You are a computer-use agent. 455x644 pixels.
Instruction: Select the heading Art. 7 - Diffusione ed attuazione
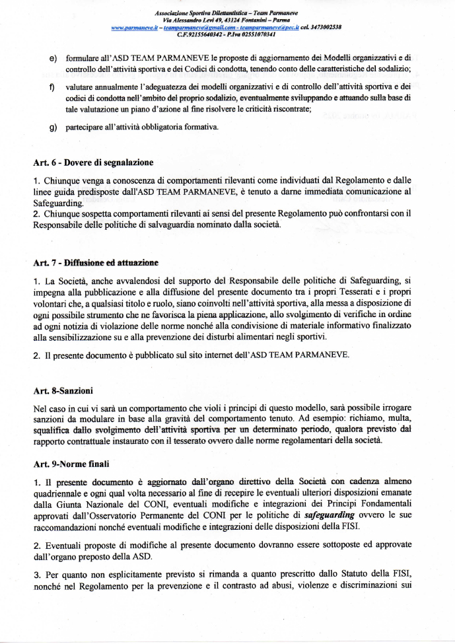[95, 263]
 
